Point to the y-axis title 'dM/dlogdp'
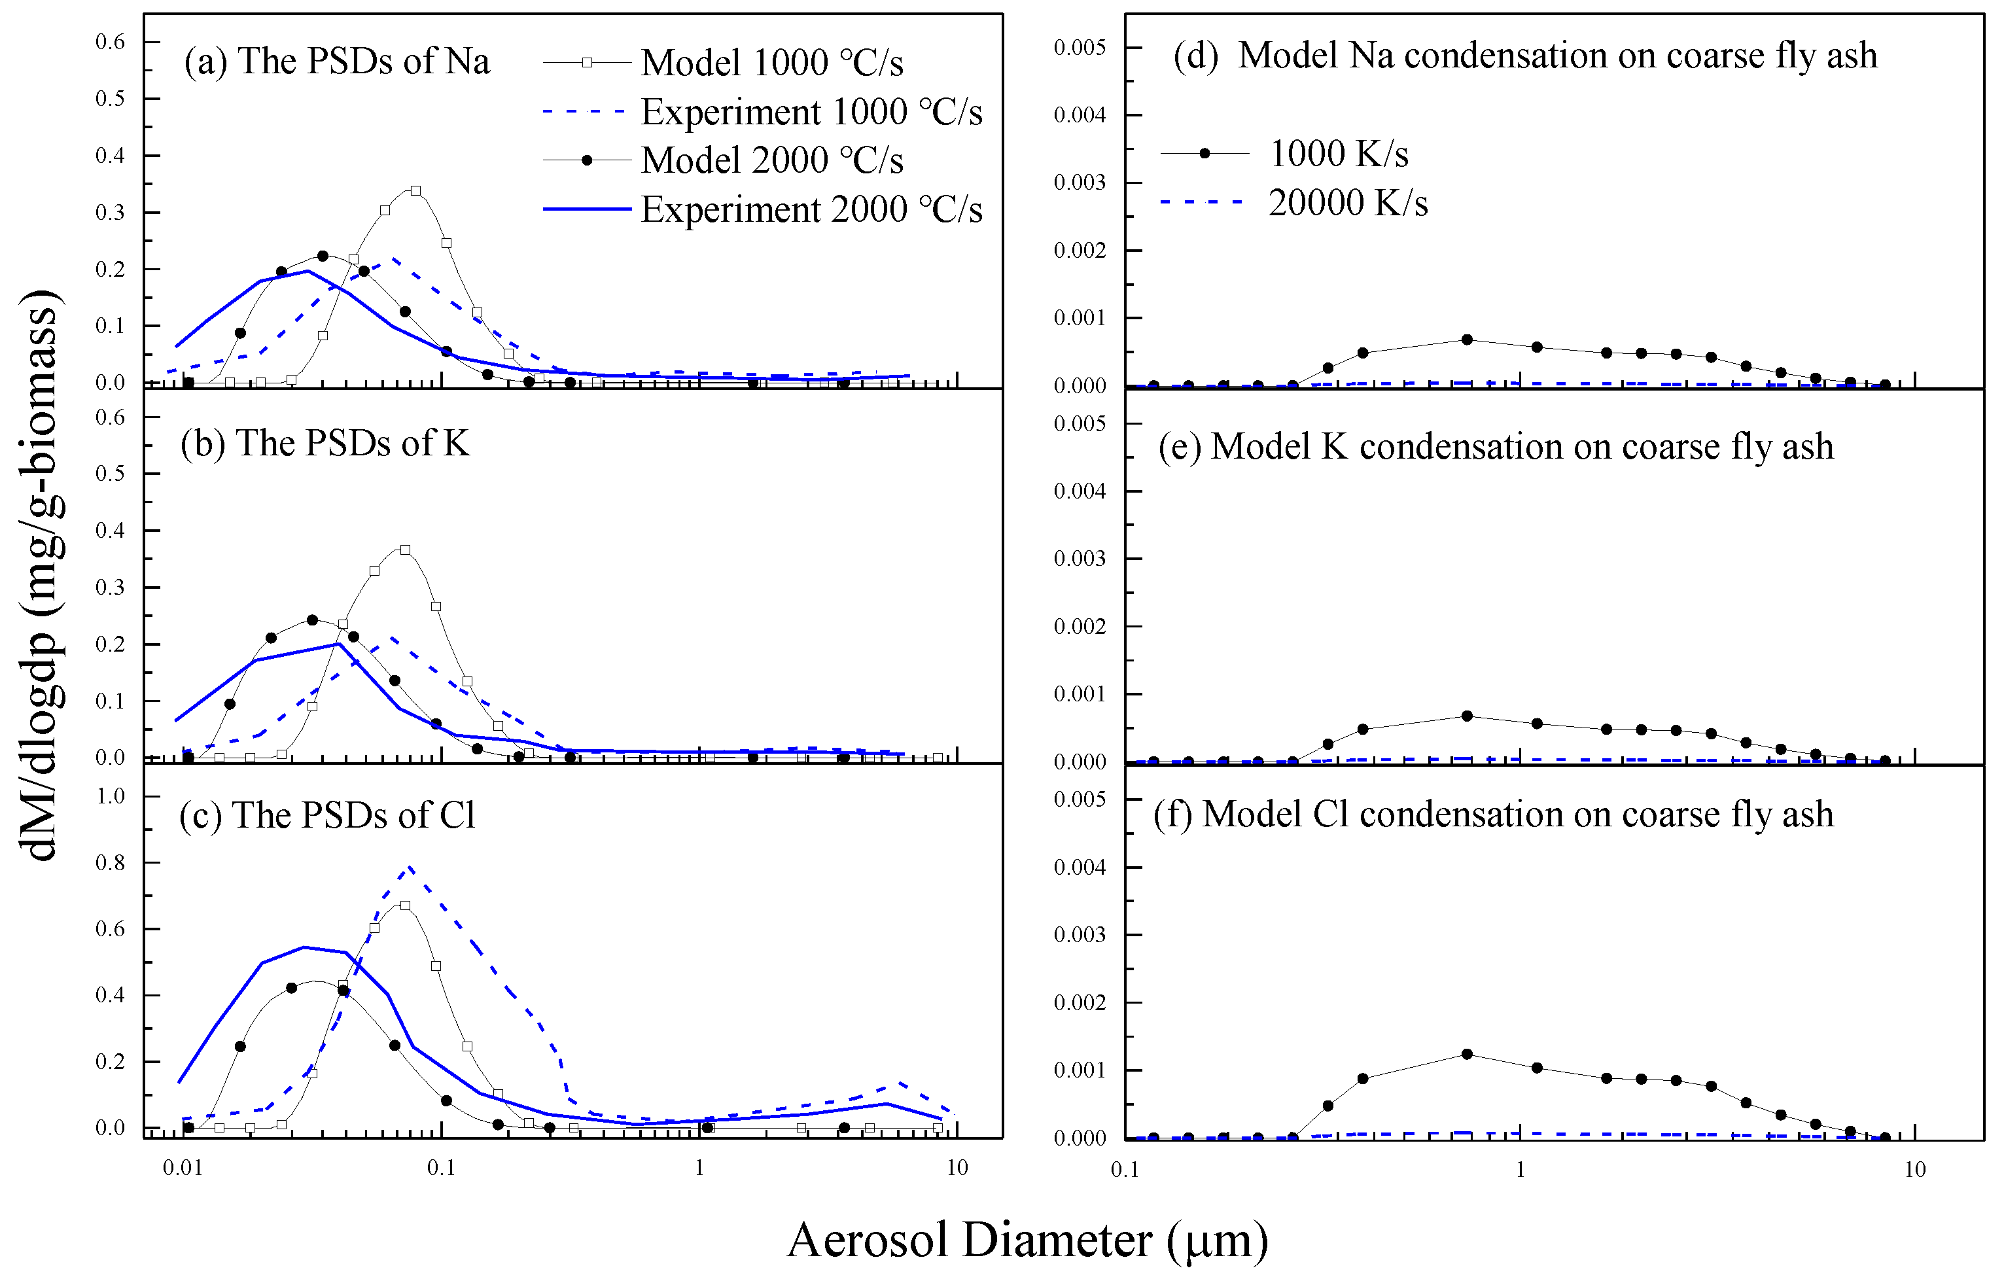[40, 574]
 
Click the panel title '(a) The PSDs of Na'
[337, 61]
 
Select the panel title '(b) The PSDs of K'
[325, 444]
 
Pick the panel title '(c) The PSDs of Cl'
[327, 815]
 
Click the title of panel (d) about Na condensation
[1524, 56]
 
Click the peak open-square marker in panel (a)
[415, 190]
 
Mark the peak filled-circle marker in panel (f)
[1468, 1055]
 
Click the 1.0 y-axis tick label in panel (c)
[111, 796]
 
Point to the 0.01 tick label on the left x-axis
[183, 1168]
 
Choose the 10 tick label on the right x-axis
[1915, 1170]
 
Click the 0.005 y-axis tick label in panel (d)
[1080, 48]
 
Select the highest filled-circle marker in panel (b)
[312, 620]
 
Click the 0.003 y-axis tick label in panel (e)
[1080, 559]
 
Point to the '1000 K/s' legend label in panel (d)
[1338, 154]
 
